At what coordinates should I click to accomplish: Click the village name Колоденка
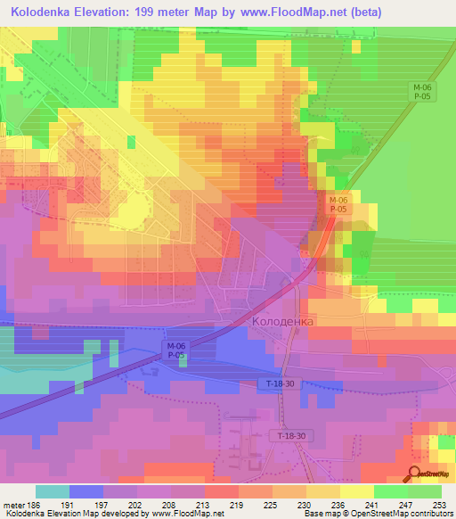(x=284, y=321)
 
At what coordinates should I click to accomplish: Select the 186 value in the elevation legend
(x=34, y=504)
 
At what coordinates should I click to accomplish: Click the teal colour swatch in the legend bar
(x=53, y=491)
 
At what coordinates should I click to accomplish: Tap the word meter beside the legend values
(x=12, y=504)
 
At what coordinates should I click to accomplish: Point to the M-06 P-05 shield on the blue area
(x=175, y=350)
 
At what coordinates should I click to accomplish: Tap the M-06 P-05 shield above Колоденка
(x=337, y=205)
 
